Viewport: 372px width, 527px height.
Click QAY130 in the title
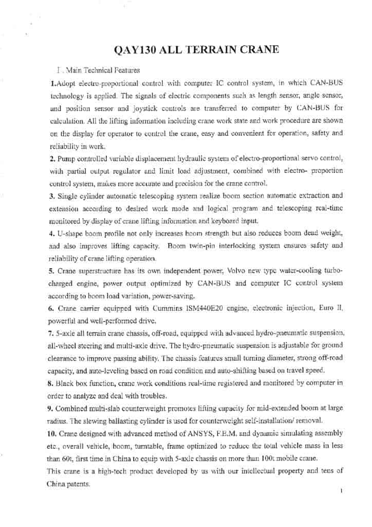coord(136,49)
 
